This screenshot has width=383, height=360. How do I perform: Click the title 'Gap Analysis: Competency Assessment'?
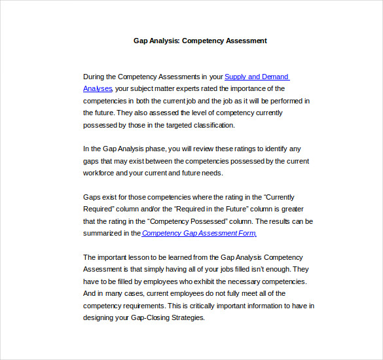tap(200, 41)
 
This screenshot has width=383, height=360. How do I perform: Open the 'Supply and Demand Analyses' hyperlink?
tap(256, 77)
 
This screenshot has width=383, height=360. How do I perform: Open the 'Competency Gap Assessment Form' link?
tap(198, 233)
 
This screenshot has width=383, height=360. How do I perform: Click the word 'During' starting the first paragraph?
tap(94, 77)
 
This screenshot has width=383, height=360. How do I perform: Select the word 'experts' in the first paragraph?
tap(187, 89)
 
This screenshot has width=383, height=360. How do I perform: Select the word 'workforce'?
tap(98, 173)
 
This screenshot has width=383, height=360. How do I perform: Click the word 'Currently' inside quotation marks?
tap(287, 197)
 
